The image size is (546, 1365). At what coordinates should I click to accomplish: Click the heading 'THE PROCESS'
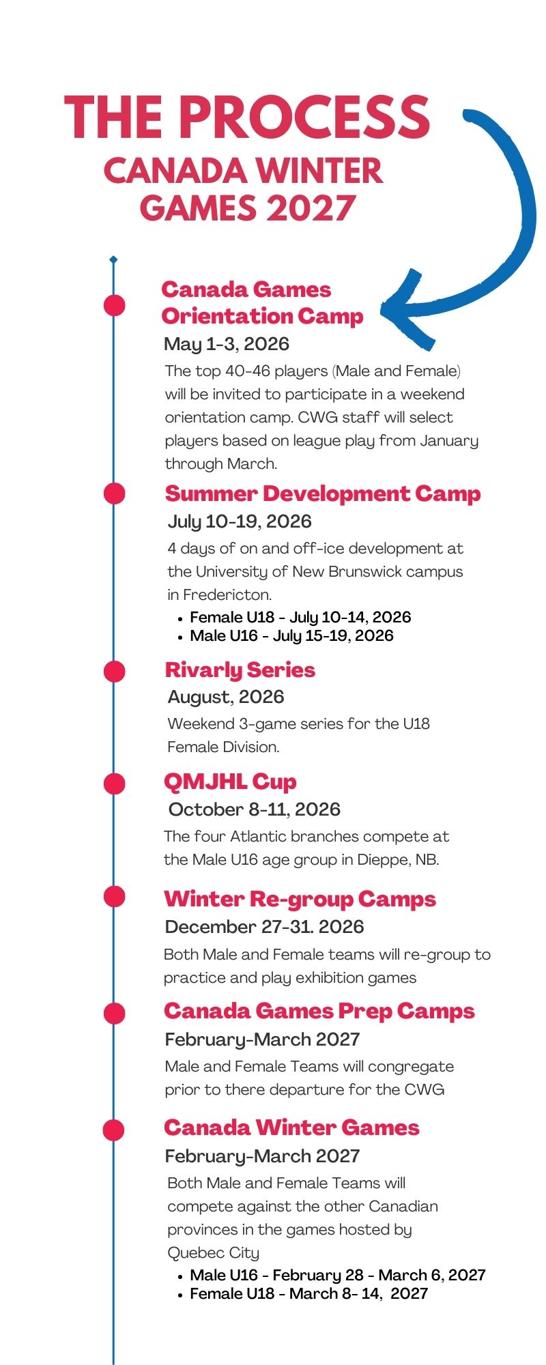[x=247, y=118]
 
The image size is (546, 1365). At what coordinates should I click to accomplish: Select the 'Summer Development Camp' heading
[x=323, y=493]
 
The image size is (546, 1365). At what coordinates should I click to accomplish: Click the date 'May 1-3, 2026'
[x=227, y=344]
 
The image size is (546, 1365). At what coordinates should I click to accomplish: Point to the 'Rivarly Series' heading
[x=240, y=670]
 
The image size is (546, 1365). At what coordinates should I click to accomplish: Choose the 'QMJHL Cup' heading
[x=230, y=782]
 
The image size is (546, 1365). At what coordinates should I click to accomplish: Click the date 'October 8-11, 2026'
[x=255, y=809]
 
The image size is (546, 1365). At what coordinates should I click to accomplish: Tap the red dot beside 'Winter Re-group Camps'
[x=114, y=896]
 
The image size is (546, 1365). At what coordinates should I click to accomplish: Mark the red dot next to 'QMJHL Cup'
[x=114, y=783]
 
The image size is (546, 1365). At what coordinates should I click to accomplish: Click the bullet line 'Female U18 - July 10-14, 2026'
[x=300, y=618]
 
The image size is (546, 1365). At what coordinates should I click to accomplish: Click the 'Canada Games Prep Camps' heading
[x=319, y=1011]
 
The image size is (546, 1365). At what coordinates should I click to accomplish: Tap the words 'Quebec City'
[x=214, y=1253]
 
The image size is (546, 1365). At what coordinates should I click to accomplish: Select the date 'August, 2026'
[x=226, y=698]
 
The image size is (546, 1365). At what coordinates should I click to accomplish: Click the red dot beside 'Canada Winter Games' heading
[x=114, y=1130]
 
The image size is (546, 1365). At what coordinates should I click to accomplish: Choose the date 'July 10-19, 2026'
[x=240, y=522]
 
